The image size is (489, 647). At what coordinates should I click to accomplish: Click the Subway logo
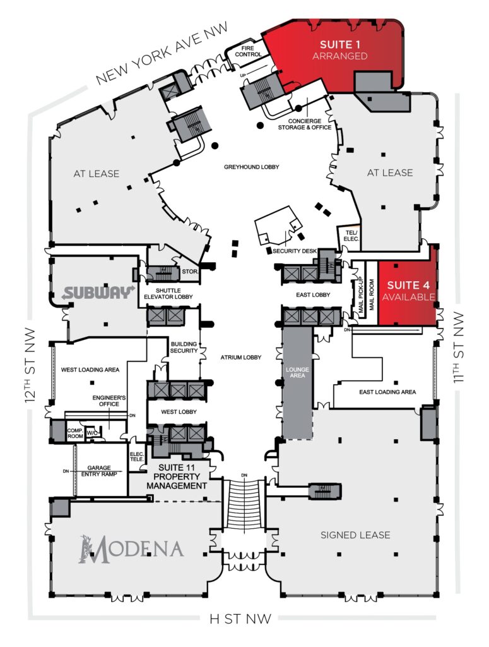tap(98, 293)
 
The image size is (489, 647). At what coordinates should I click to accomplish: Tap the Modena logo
tap(131, 549)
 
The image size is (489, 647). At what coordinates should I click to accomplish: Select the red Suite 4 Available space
tap(408, 291)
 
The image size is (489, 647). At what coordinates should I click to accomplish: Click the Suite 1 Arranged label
tap(339, 50)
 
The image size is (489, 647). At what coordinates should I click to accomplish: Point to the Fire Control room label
tap(248, 51)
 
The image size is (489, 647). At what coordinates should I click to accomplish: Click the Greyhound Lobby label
tap(252, 167)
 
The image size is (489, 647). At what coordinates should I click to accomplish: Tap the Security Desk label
tap(295, 251)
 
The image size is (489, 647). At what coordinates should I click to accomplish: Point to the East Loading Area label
tap(387, 392)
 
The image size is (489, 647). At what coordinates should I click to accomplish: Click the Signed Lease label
tap(355, 535)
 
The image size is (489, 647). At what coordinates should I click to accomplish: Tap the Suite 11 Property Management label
tap(177, 476)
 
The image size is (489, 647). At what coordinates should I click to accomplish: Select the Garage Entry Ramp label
tap(99, 471)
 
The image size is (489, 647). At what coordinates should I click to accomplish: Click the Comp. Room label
tap(75, 433)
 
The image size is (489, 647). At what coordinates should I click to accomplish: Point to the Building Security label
tap(184, 348)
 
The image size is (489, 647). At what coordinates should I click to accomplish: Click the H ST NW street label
tap(240, 619)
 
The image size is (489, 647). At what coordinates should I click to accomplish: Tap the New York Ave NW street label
tap(162, 54)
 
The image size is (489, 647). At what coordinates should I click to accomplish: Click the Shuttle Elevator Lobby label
tap(168, 293)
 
